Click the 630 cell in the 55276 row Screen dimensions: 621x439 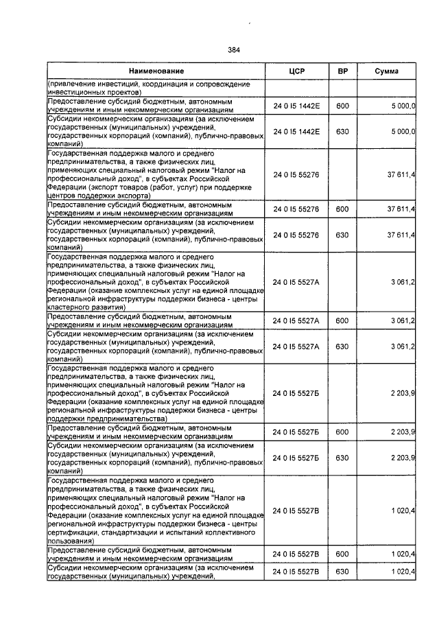click(x=343, y=235)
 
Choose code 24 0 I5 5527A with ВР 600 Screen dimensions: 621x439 click(x=296, y=320)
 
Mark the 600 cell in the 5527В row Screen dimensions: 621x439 click(x=343, y=554)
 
